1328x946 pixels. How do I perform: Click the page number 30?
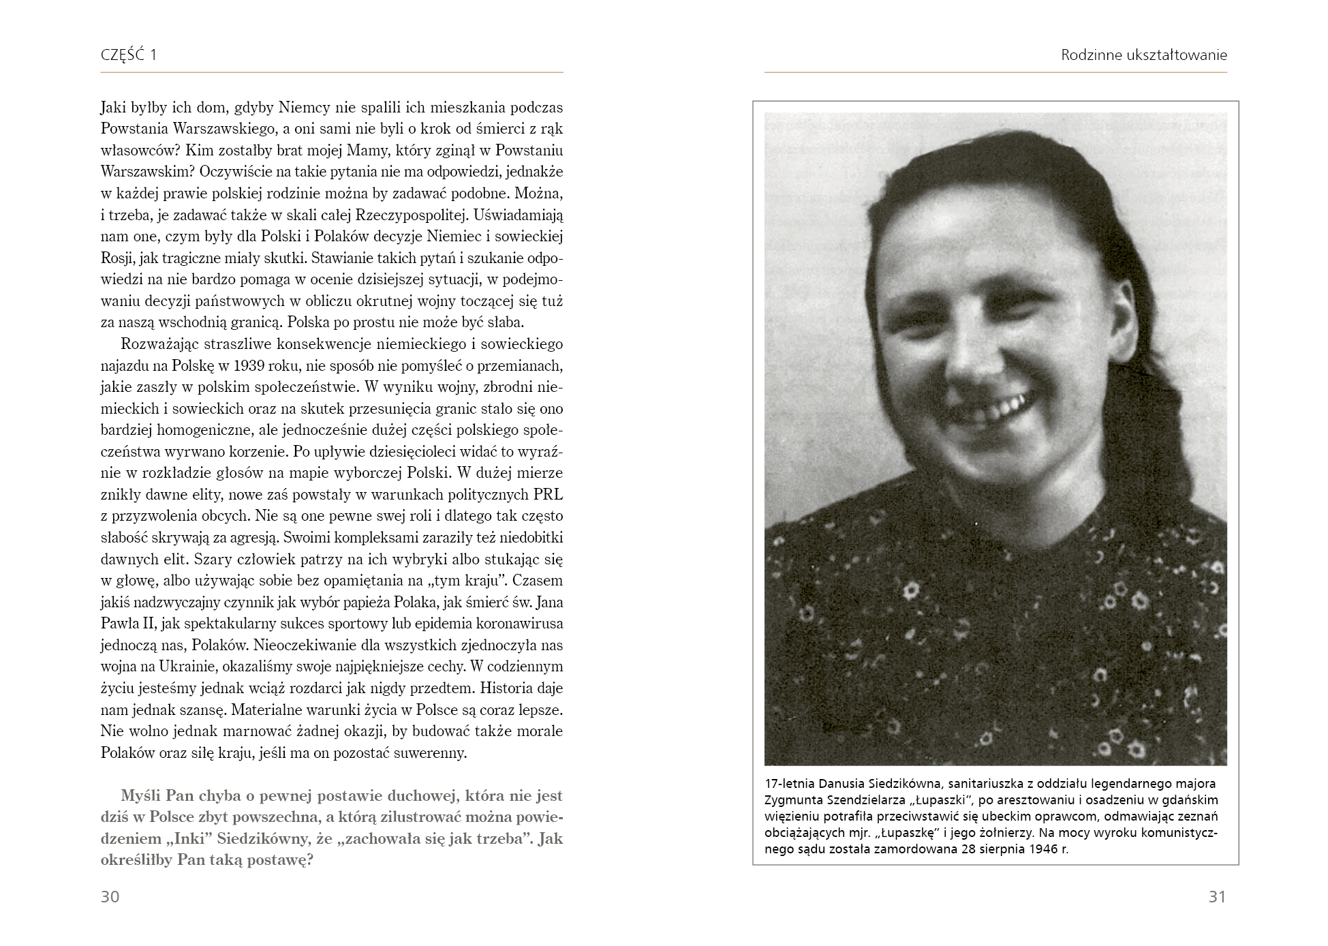pos(110,896)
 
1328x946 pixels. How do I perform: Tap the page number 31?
pos(1217,896)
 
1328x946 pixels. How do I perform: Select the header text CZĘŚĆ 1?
pos(129,55)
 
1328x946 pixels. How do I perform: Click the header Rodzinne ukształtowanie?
pos(1143,55)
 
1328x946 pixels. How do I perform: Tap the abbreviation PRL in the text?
pos(549,494)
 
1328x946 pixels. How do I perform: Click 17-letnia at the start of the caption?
pos(788,784)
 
